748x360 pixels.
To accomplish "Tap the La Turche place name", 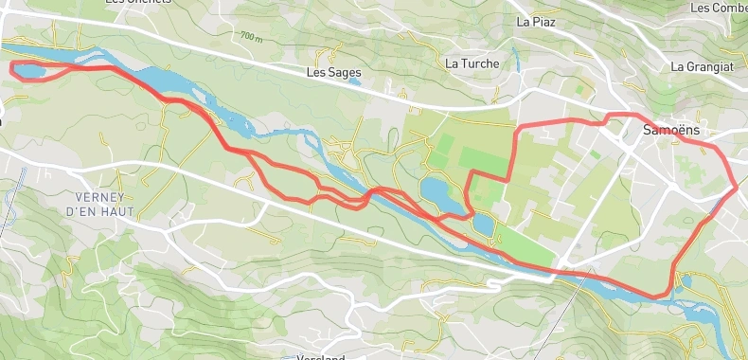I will (x=472, y=63).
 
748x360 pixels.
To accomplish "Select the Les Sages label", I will (x=334, y=72).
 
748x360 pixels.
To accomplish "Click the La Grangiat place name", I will (x=703, y=67).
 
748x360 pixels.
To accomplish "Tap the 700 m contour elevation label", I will (x=251, y=37).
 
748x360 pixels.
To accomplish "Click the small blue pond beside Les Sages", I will (x=353, y=81).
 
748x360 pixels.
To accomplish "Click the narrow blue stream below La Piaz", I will (x=516, y=60).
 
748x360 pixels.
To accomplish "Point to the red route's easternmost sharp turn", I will (x=736, y=187).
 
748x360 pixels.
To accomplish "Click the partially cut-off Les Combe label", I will (x=720, y=8).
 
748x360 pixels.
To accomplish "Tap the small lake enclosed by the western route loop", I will (x=30, y=70).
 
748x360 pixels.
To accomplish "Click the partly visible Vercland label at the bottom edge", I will (x=321, y=356).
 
